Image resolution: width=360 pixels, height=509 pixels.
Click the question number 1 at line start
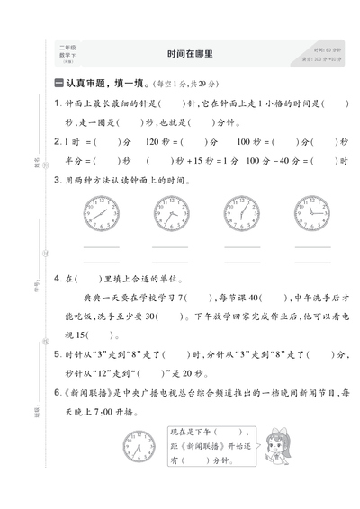[x=57, y=104]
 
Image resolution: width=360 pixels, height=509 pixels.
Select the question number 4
[x=57, y=278]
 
